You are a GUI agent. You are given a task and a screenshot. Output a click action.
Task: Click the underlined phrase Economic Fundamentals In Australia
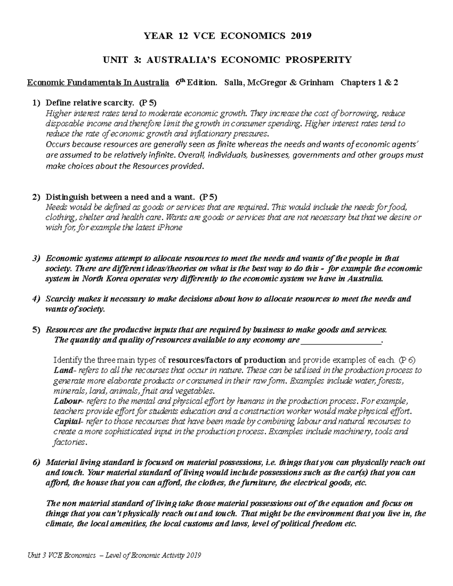pyautogui.click(x=98, y=83)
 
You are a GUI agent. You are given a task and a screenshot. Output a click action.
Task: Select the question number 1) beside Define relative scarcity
pyautogui.click(x=36, y=103)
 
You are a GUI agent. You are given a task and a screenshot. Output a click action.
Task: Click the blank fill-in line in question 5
pyautogui.click(x=341, y=340)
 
